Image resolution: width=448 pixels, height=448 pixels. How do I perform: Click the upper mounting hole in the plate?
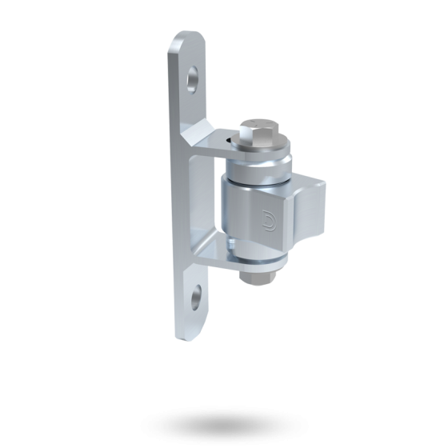point(194,78)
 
